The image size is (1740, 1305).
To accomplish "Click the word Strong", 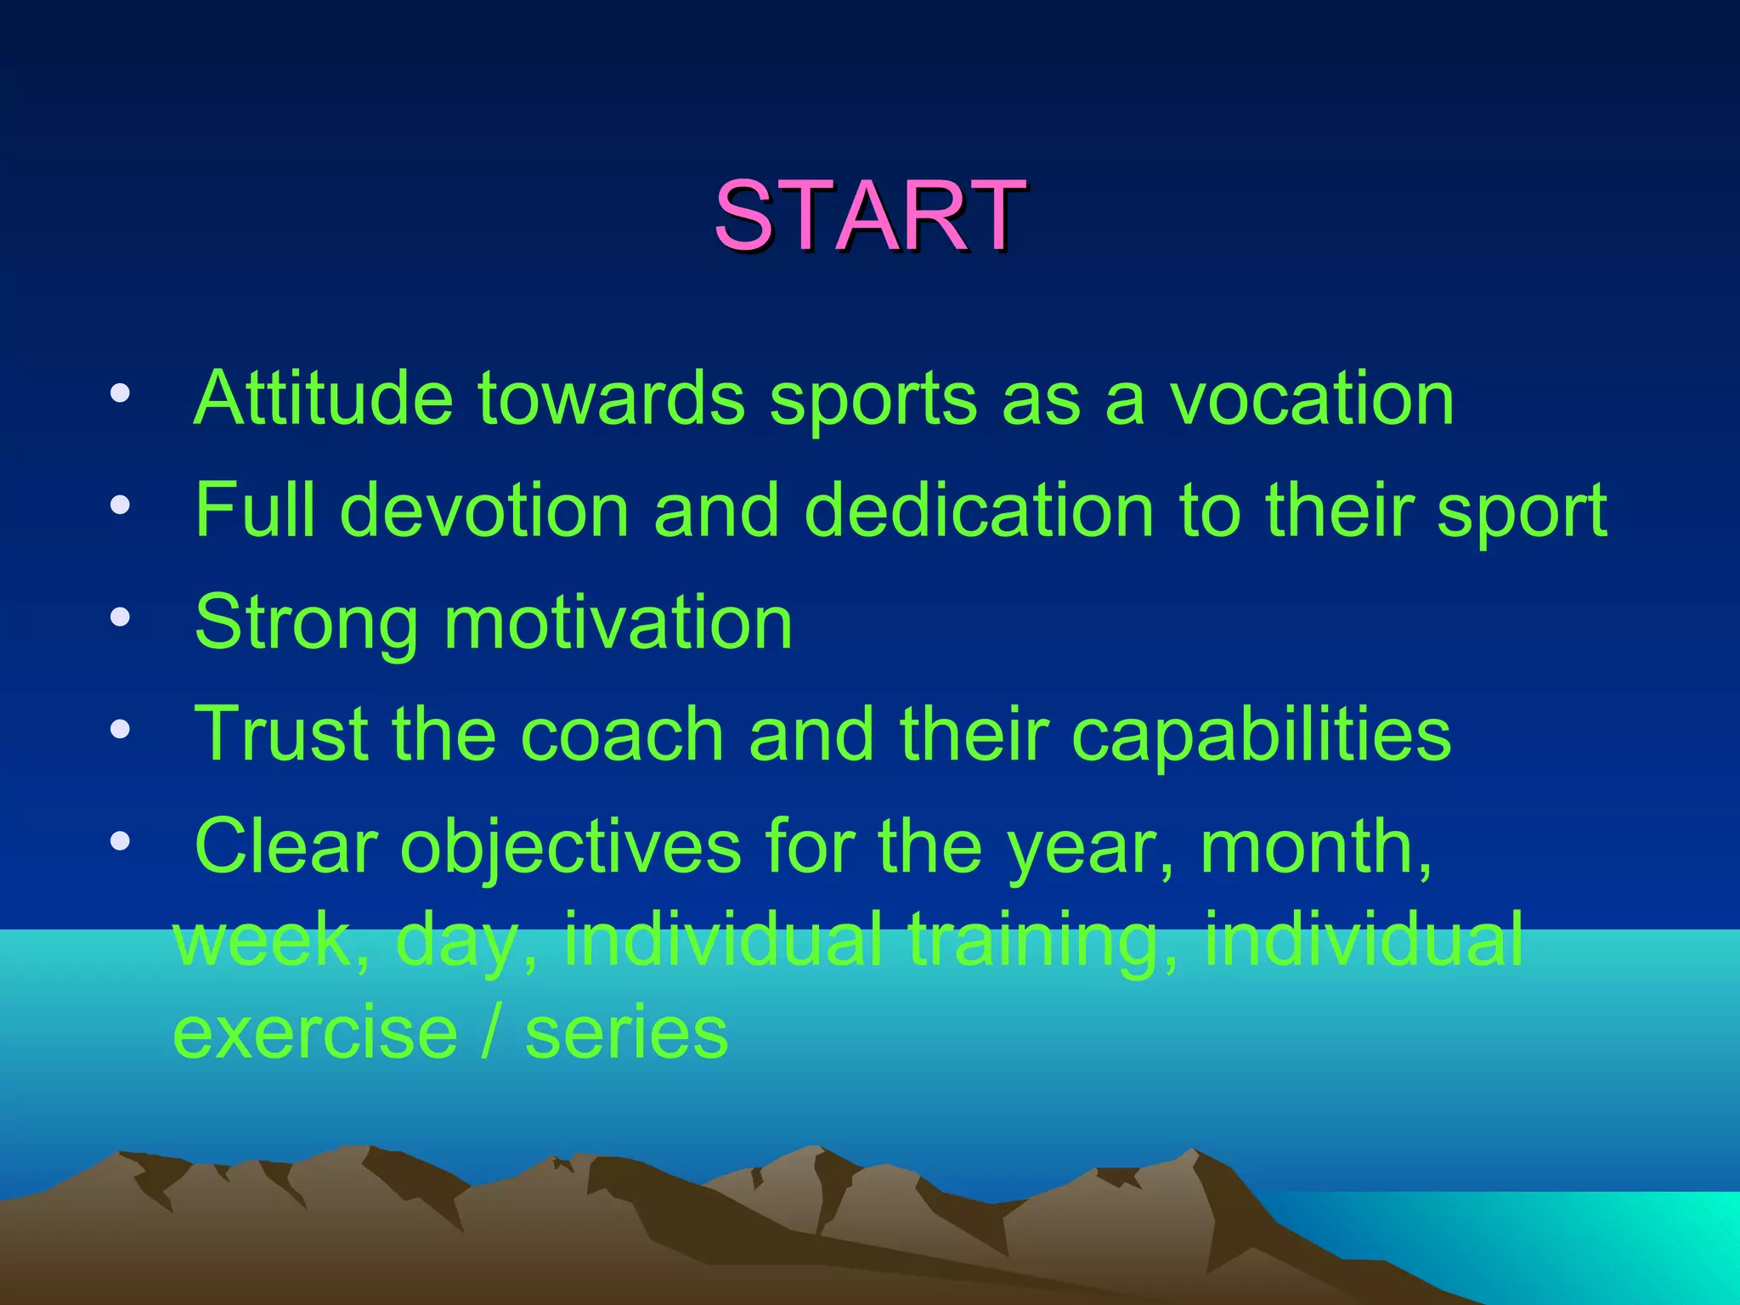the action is tap(307, 624).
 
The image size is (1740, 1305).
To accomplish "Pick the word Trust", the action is tap(281, 733).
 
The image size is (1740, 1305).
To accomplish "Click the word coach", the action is tap(622, 733).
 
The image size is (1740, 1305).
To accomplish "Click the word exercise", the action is tap(315, 1032).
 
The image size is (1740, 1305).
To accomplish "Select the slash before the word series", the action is tap(491, 1032).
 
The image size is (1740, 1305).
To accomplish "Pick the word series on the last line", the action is tap(627, 1032).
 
